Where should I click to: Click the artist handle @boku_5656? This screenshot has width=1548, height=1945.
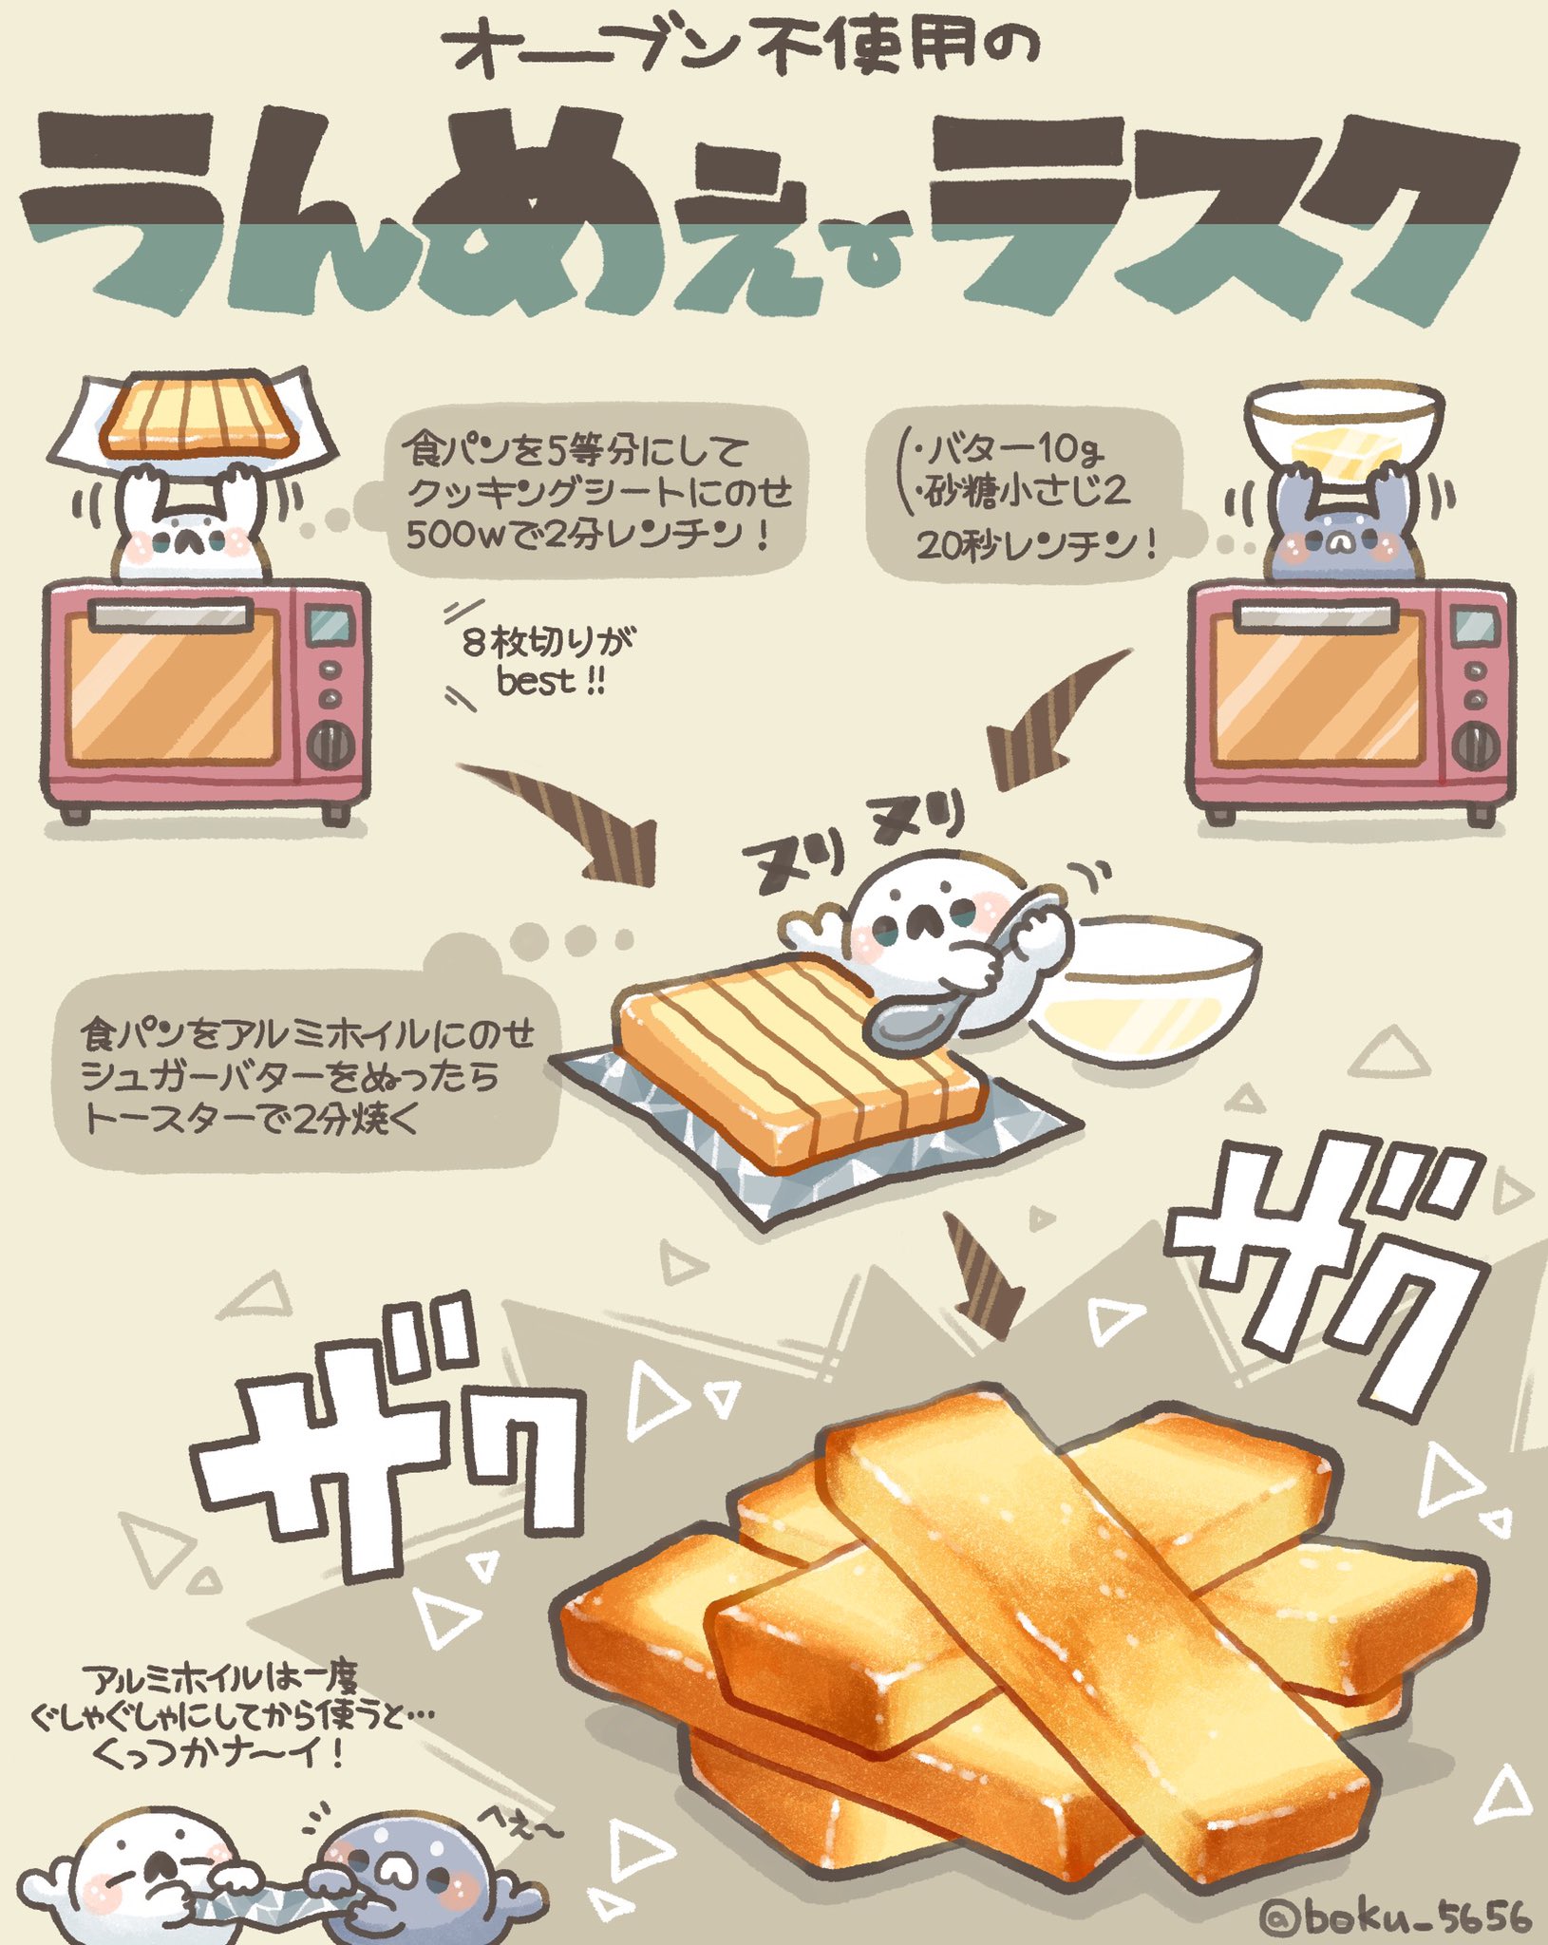1396,1917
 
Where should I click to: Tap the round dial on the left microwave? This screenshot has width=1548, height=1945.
331,744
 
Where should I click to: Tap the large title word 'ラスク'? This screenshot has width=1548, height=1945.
1216,218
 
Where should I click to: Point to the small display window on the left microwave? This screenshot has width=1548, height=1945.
330,624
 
